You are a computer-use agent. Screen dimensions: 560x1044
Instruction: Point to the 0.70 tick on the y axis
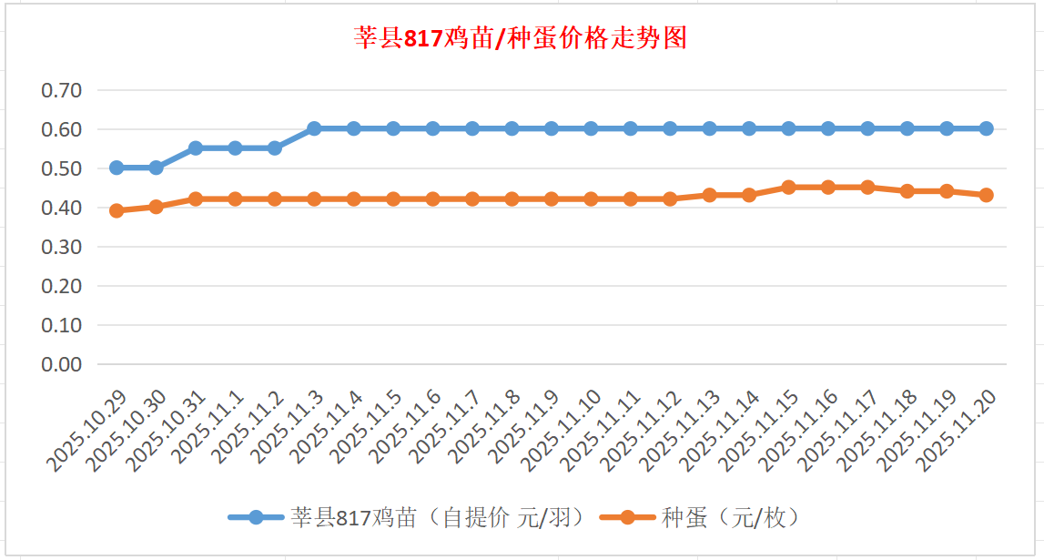[62, 90]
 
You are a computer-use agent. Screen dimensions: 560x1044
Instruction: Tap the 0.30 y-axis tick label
[62, 247]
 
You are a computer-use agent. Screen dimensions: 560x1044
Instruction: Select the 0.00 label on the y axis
[62, 364]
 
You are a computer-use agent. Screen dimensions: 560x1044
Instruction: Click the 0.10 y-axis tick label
[62, 325]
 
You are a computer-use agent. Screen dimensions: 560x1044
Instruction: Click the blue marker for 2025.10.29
[117, 168]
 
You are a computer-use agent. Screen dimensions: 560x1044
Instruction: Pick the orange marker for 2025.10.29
[117, 210]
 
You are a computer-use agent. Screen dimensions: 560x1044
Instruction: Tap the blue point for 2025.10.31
[196, 148]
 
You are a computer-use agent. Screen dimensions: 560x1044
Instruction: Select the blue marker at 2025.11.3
[314, 128]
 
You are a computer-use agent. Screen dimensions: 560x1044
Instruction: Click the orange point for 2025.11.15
[788, 187]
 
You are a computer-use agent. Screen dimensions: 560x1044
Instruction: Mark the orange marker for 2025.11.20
[986, 195]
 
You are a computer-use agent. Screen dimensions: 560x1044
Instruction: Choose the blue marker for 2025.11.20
[986, 128]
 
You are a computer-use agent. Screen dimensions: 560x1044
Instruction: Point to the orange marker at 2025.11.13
[709, 195]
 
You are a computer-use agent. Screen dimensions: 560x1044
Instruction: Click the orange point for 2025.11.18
[907, 191]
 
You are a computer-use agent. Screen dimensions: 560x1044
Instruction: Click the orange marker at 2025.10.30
[156, 207]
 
